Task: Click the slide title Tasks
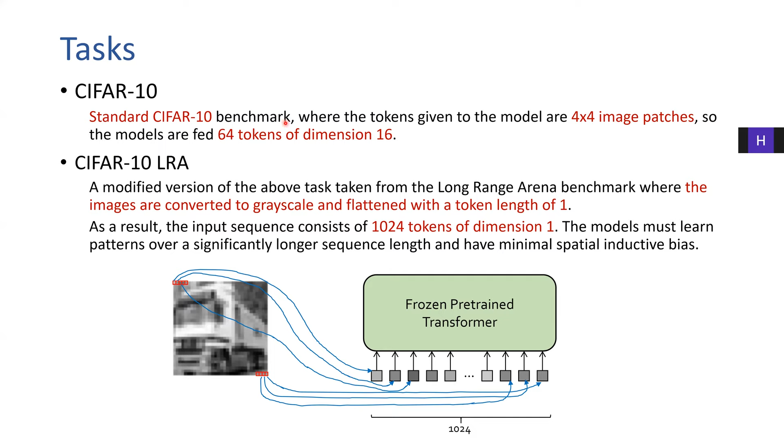[x=97, y=49]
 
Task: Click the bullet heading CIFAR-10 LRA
[x=131, y=163]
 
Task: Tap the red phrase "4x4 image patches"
[x=633, y=117]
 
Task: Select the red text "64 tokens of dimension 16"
[x=305, y=135]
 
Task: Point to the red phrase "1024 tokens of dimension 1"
[x=462, y=227]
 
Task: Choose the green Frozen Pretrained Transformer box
[x=459, y=313]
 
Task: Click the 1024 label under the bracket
[x=459, y=430]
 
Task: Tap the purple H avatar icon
[x=760, y=140]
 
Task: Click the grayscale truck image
[x=220, y=328]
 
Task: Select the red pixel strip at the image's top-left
[x=180, y=283]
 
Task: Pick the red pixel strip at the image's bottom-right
[x=262, y=374]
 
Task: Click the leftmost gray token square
[x=376, y=376]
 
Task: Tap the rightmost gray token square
[x=542, y=376]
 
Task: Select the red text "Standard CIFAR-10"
[x=150, y=117]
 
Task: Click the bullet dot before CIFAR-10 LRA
[x=63, y=163]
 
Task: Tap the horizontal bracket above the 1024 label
[x=461, y=417]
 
